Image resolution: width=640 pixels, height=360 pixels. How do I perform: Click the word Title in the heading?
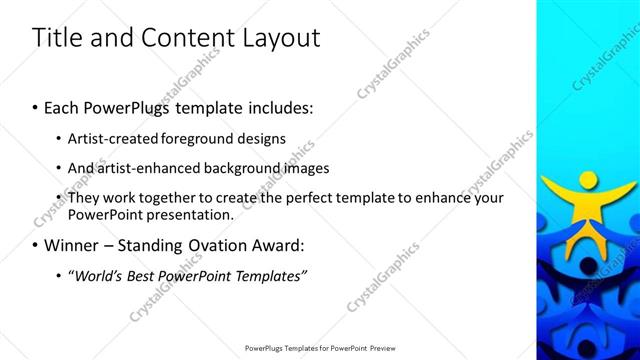click(x=56, y=38)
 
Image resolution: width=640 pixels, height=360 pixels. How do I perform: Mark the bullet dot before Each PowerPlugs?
click(x=36, y=107)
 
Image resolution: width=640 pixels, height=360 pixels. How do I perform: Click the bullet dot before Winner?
click(x=36, y=245)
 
